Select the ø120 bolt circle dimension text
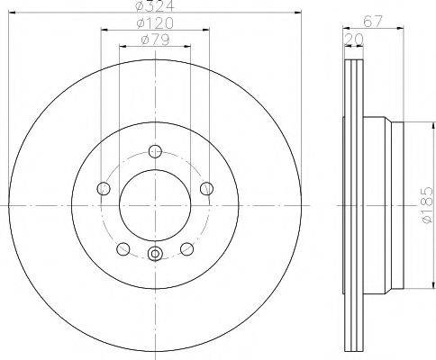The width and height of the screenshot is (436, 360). pyautogui.click(x=156, y=24)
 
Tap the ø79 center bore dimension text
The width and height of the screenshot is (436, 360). pyautogui.click(x=156, y=41)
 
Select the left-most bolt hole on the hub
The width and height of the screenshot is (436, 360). pyautogui.click(x=103, y=188)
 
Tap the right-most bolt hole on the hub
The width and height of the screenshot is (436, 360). pyautogui.click(x=207, y=188)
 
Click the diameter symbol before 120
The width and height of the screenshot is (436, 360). pyautogui.click(x=139, y=24)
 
